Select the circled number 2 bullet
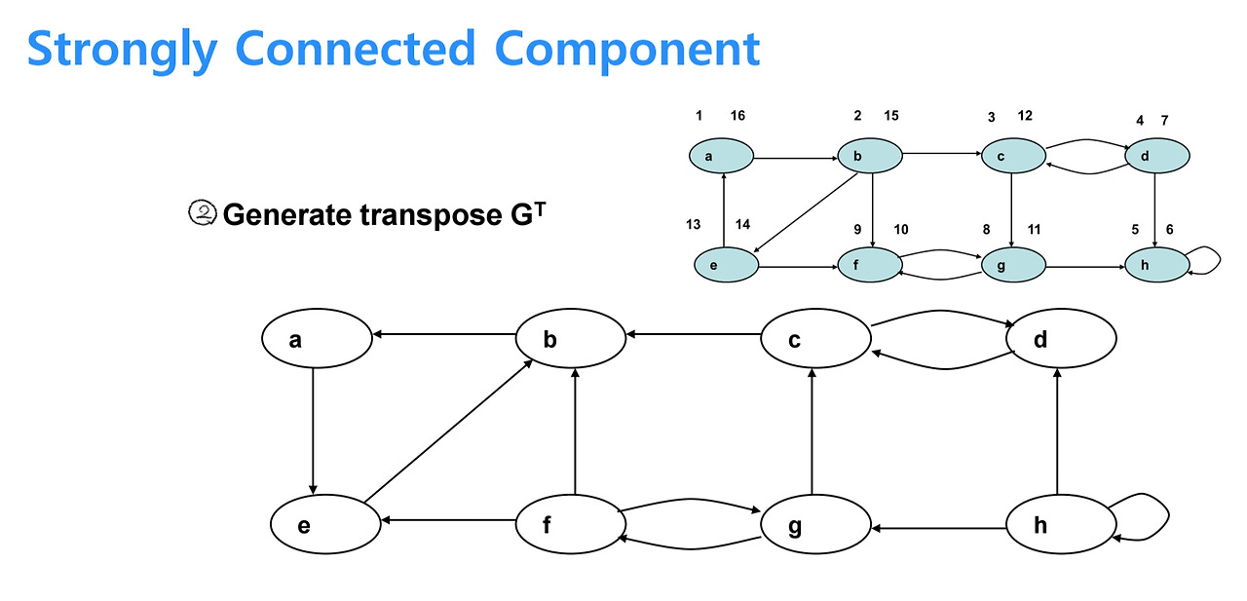click(202, 213)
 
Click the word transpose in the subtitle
click(431, 215)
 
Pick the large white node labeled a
click(317, 338)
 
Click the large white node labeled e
click(325, 524)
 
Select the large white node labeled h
click(1061, 524)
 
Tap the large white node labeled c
click(816, 338)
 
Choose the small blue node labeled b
click(870, 156)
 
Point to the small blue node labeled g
click(1014, 265)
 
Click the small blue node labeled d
click(1157, 156)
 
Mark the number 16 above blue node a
click(737, 115)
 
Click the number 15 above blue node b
click(891, 115)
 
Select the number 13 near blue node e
click(693, 224)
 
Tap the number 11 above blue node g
click(1034, 229)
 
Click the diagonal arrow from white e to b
click(448, 432)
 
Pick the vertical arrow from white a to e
click(313, 432)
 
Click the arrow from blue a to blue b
click(796, 159)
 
